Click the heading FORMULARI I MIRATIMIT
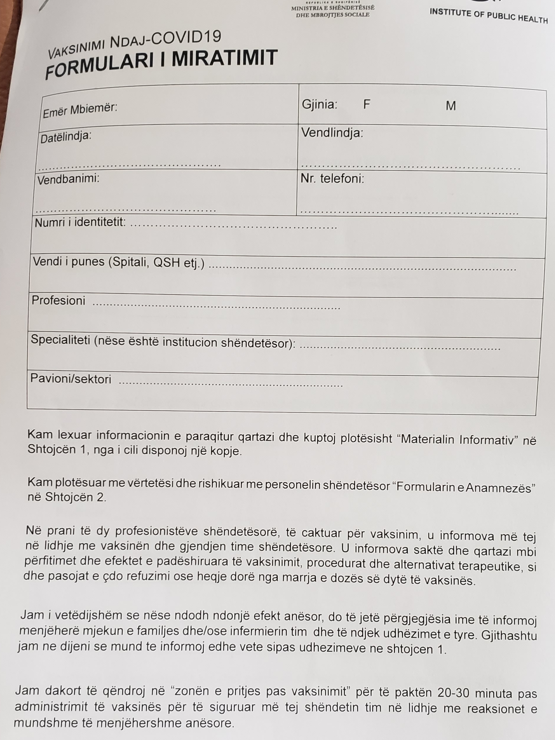[x=161, y=64]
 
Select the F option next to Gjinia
[x=367, y=105]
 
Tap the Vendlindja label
[x=332, y=133]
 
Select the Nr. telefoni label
[x=332, y=179]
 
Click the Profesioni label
[x=59, y=300]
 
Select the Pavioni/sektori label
[x=71, y=379]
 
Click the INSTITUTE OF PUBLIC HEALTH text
[x=488, y=16]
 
